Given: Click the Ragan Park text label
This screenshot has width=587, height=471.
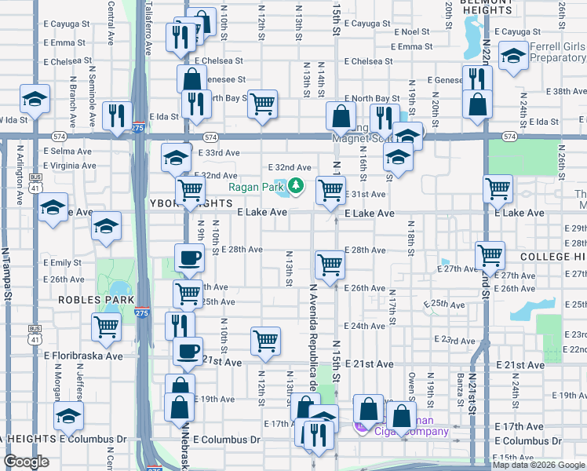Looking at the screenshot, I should click(255, 187).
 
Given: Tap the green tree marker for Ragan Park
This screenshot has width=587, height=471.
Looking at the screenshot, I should click(296, 186).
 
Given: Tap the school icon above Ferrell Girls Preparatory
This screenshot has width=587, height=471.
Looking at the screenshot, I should click(513, 57).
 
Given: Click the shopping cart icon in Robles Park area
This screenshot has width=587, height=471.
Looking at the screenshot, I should click(106, 327).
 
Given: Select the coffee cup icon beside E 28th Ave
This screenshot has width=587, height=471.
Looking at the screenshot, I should click(188, 258).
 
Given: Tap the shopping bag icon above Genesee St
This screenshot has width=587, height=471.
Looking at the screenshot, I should click(191, 78).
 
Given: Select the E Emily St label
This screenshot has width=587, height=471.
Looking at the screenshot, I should click(63, 262).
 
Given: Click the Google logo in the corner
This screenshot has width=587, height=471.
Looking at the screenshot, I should click(27, 462).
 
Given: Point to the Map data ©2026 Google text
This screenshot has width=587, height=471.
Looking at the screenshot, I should click(538, 465).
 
